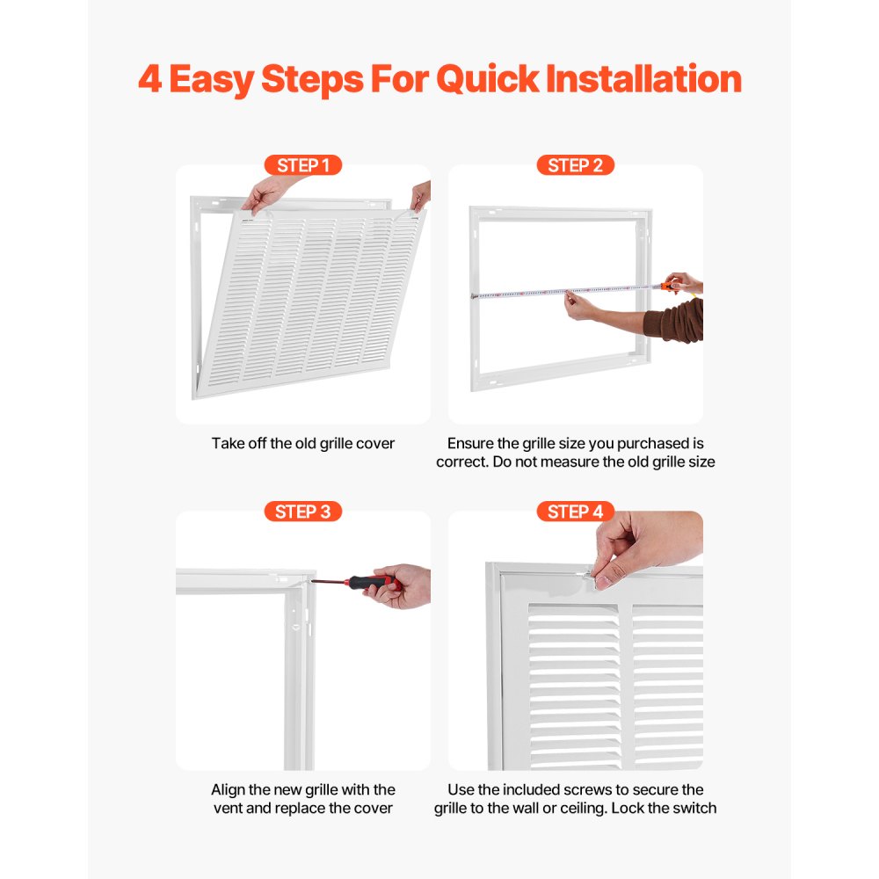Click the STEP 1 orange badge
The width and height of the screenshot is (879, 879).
coord(302,165)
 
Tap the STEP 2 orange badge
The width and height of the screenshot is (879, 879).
coord(575,165)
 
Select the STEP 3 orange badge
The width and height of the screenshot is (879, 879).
coord(302,512)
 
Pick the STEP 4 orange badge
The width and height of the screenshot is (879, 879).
coord(575,512)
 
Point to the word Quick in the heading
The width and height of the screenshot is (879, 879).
coord(487,79)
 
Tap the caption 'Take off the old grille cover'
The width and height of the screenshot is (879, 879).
coord(303,444)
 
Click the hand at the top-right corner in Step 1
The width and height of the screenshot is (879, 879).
coord(422,195)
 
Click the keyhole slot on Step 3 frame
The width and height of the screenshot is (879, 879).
coord(297,628)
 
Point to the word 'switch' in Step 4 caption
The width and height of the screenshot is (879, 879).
coord(694,808)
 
